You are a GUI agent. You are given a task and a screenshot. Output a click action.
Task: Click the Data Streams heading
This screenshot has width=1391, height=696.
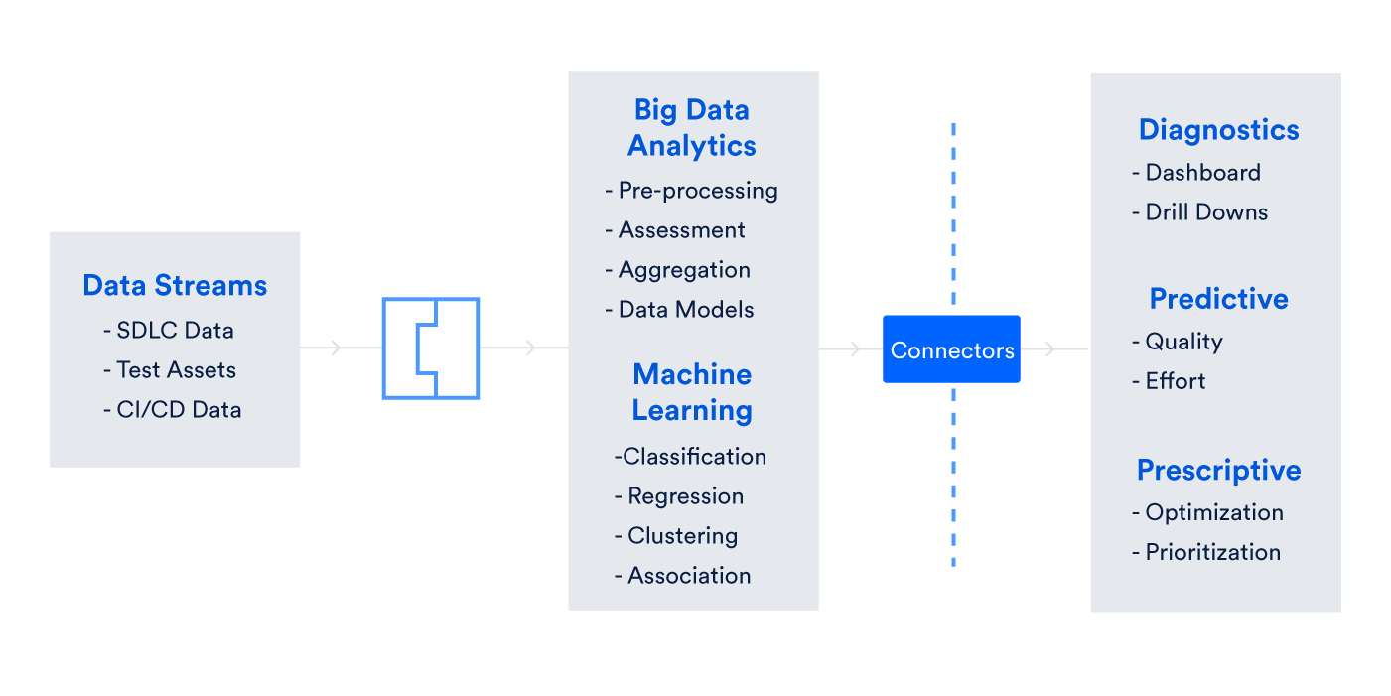click(x=175, y=286)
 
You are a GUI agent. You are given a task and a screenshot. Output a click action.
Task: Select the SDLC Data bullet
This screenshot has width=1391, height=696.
click(x=169, y=331)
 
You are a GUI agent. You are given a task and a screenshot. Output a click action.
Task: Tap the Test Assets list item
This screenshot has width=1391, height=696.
click(x=170, y=370)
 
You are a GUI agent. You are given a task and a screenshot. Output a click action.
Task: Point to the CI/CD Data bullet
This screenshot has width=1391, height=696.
click(x=173, y=410)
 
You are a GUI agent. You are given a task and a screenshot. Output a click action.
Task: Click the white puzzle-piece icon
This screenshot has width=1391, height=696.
click(x=431, y=348)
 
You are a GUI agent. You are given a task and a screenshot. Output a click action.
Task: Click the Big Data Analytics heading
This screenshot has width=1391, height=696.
click(x=692, y=128)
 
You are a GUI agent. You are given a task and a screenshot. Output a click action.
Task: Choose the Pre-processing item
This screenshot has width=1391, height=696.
click(x=692, y=191)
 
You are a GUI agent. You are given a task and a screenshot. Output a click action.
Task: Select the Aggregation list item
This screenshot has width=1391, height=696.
click(x=678, y=270)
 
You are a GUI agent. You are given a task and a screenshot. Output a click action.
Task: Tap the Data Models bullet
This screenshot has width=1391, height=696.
click(x=680, y=310)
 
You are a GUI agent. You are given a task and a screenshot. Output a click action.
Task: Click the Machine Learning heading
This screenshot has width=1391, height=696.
click(x=692, y=392)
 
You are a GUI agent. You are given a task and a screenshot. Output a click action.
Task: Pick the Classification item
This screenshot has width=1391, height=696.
click(x=690, y=457)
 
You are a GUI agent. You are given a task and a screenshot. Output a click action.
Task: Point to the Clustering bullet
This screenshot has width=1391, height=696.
click(x=676, y=536)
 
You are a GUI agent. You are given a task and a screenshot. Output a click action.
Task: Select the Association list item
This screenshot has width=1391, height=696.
click(x=683, y=576)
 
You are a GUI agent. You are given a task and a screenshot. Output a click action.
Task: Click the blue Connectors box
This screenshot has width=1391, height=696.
click(x=951, y=349)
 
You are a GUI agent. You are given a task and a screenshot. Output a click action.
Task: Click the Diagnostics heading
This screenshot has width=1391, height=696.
click(x=1218, y=130)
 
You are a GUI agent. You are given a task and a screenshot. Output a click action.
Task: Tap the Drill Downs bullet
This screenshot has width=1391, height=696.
click(x=1200, y=212)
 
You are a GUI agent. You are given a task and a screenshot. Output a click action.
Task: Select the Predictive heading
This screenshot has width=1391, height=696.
click(x=1218, y=299)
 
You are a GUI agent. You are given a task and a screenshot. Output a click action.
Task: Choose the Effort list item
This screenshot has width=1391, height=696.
click(x=1170, y=381)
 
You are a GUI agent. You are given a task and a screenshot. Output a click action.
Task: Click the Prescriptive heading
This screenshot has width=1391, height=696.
click(x=1218, y=470)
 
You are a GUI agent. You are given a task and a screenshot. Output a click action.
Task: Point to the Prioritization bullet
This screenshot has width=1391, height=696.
click(x=1206, y=553)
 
